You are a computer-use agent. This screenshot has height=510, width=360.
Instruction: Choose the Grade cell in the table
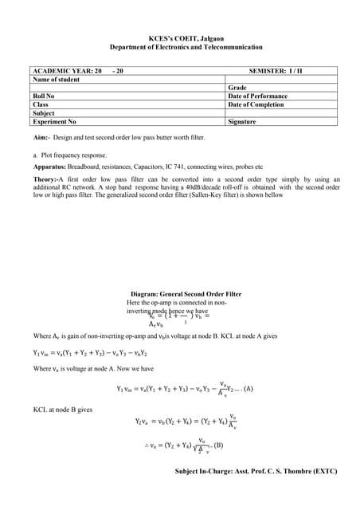[x=237, y=88]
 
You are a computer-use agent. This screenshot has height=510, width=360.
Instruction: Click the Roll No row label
[x=43, y=96]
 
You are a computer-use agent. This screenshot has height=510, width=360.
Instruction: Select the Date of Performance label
[x=257, y=96]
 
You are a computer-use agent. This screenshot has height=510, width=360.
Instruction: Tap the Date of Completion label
[x=256, y=104]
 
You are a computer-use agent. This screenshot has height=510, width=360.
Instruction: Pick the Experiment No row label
[x=54, y=122]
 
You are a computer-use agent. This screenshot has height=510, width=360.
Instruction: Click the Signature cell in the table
[x=242, y=122]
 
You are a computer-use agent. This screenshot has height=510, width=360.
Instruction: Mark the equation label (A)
[x=248, y=389]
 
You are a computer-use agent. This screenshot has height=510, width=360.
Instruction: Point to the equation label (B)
[x=218, y=445]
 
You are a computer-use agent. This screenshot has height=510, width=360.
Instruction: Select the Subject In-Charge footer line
[x=256, y=471]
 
